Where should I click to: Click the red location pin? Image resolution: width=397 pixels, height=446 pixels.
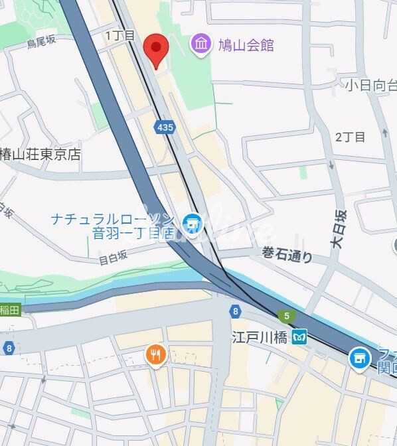(155, 48)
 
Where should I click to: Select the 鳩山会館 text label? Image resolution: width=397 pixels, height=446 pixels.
(246, 46)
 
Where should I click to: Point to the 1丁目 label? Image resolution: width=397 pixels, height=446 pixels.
(120, 35)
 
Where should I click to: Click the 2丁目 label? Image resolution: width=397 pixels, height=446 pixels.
(350, 137)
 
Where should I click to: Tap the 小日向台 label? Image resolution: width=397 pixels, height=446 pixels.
(370, 84)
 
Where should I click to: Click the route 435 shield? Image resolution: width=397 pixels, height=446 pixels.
(163, 126)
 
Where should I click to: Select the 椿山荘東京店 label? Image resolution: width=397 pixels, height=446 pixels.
(40, 154)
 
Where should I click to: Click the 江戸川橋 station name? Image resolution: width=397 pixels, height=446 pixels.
(259, 337)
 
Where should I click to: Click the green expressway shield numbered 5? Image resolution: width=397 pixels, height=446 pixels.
(286, 316)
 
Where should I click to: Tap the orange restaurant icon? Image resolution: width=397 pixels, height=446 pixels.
(155, 355)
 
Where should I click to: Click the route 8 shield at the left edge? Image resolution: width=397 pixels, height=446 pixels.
(8, 347)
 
